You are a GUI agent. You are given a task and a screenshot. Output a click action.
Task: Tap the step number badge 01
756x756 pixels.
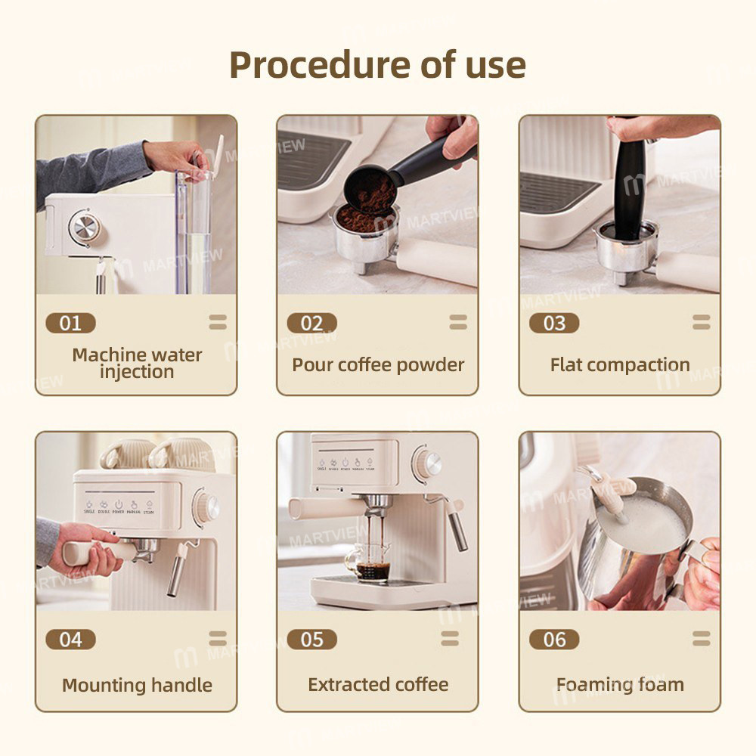click(70, 324)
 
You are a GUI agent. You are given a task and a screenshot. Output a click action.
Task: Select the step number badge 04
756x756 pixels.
click(70, 640)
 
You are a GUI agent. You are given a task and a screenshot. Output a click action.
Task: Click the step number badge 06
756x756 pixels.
click(554, 640)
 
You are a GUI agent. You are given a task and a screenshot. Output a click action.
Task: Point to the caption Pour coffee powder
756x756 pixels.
click(378, 365)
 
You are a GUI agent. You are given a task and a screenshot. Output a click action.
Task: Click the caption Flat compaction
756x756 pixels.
click(620, 365)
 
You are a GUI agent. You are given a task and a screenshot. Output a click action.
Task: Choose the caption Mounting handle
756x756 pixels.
click(137, 686)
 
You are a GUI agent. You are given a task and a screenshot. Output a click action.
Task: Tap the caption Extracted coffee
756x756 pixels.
click(378, 685)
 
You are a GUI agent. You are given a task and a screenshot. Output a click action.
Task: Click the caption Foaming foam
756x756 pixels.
click(620, 685)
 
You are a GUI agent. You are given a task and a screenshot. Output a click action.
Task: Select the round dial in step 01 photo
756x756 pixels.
click(82, 227)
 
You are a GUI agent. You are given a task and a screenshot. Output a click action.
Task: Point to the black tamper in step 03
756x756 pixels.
click(629, 185)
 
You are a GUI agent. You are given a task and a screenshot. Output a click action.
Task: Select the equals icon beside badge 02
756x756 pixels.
click(458, 323)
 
